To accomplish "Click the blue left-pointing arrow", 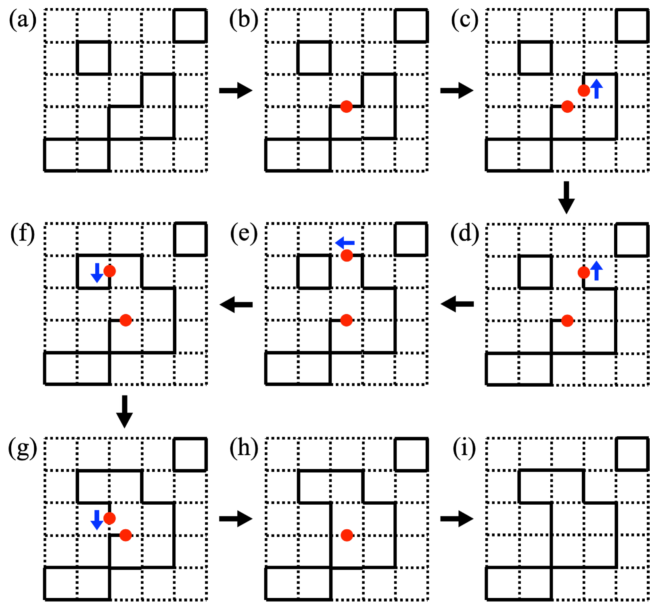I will [345, 243].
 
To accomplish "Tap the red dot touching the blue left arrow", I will [347, 256].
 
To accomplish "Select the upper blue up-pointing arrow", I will [597, 90].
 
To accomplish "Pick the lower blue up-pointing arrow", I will [597, 272].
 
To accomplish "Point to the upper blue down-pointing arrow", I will [97, 274].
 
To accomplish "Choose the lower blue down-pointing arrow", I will [97, 521].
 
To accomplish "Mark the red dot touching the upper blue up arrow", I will [583, 91].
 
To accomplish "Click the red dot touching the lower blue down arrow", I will [110, 518].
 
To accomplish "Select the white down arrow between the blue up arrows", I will [566, 199].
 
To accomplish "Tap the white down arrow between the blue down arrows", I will [124, 413].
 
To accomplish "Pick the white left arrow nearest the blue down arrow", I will [236, 306].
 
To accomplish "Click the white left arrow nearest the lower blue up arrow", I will [457, 305].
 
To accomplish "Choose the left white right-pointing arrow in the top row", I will [236, 92].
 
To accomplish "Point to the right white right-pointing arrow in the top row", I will [457, 92].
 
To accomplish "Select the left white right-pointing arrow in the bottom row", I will [236, 520].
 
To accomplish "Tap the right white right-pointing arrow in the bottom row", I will [457, 520].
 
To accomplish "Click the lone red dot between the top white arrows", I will [347, 107].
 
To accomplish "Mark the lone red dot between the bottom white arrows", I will [347, 535].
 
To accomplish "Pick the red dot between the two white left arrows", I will [347, 320].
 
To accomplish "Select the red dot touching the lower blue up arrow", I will [583, 273].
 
